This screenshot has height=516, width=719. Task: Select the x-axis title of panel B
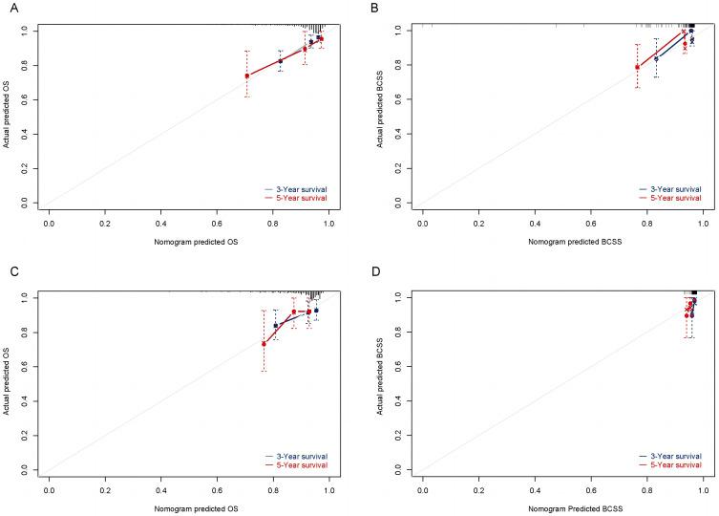[x=562, y=242]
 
